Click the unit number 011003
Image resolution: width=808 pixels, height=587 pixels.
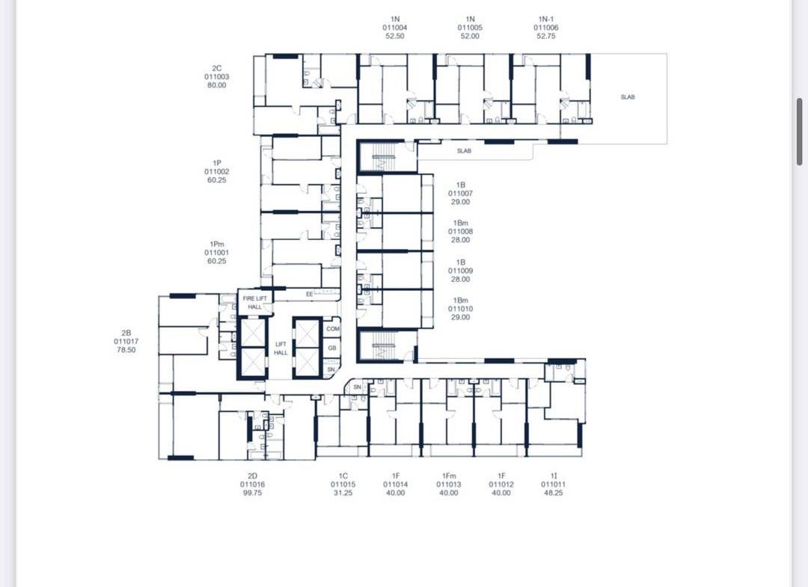click(x=216, y=77)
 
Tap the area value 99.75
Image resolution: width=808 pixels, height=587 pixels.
click(x=252, y=493)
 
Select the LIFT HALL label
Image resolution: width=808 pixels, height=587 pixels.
click(x=281, y=348)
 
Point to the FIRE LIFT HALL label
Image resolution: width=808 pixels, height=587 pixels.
click(x=255, y=303)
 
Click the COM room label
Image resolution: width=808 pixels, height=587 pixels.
click(x=333, y=328)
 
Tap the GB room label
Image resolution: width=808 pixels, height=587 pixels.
click(x=332, y=348)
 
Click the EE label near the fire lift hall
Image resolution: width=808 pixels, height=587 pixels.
click(x=309, y=294)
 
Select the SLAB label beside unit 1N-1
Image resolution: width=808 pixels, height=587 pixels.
click(x=628, y=96)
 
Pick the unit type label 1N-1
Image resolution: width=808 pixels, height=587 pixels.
click(x=545, y=19)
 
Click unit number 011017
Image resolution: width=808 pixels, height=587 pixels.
click(x=126, y=342)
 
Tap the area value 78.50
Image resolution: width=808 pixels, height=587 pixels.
click(x=126, y=350)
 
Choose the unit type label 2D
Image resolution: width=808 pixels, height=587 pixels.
click(x=252, y=476)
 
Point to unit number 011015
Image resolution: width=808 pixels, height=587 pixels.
click(x=343, y=485)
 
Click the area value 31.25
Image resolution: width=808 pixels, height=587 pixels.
click(x=343, y=493)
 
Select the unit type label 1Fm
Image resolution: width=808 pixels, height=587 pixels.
click(x=449, y=476)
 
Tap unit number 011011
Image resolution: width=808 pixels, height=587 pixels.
click(x=554, y=485)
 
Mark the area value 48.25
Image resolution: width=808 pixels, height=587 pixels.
click(x=554, y=493)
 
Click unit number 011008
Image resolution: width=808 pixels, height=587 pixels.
click(x=460, y=232)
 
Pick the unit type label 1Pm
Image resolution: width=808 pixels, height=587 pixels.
click(x=217, y=244)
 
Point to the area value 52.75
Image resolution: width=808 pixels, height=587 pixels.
click(x=545, y=36)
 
